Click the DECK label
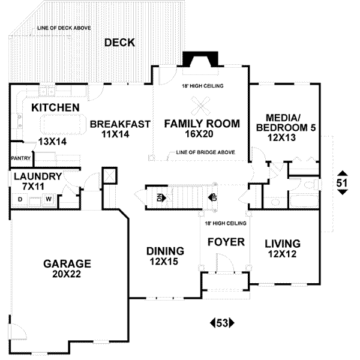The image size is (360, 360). point(119,43)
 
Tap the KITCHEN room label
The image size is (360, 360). point(56,107)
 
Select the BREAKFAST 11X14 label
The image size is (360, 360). point(120,129)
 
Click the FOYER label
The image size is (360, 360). point(226,242)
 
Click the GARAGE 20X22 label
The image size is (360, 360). point(67,269)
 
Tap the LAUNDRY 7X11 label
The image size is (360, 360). point(37,182)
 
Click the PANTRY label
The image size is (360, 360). point(20,158)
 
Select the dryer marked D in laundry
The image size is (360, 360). point(20,199)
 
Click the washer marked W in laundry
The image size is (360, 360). point(49,199)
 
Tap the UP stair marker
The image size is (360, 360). point(211,197)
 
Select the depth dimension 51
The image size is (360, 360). point(341,183)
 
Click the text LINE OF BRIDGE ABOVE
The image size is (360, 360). point(205,152)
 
